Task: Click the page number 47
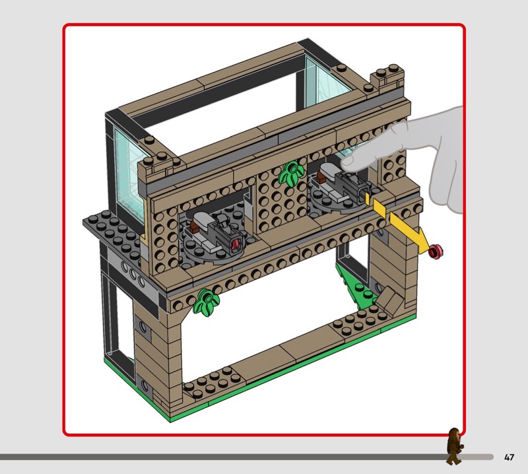(509, 457)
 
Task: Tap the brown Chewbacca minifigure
(454, 446)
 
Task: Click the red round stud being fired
(436, 252)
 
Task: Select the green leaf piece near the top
(291, 172)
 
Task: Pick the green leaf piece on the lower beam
(206, 302)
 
